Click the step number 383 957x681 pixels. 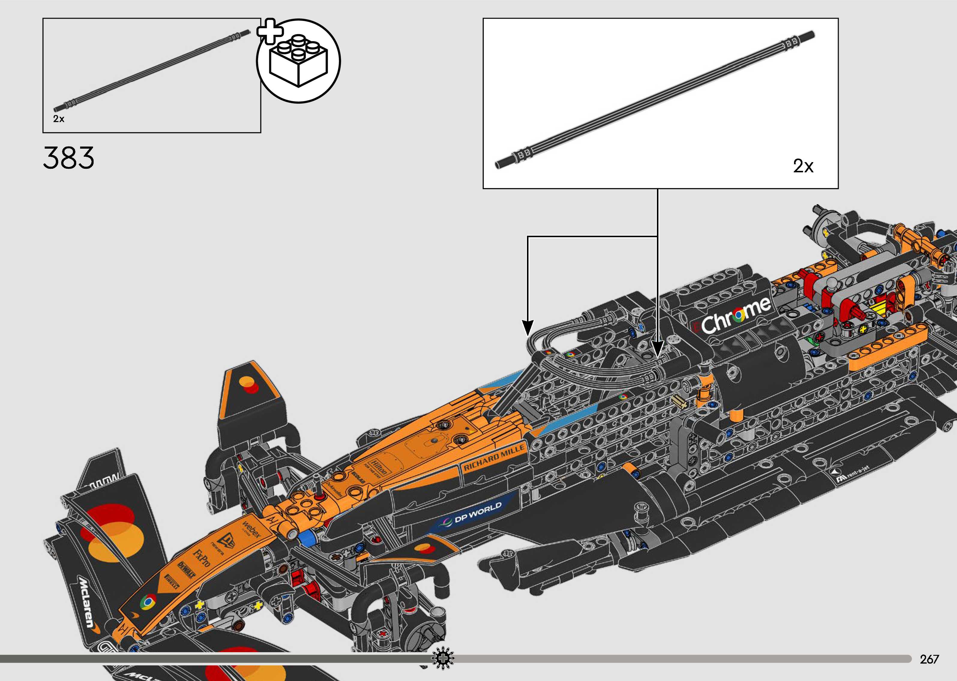click(68, 158)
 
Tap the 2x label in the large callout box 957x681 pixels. click(803, 166)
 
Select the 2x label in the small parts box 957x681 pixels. click(59, 119)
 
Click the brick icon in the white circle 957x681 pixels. click(298, 61)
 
